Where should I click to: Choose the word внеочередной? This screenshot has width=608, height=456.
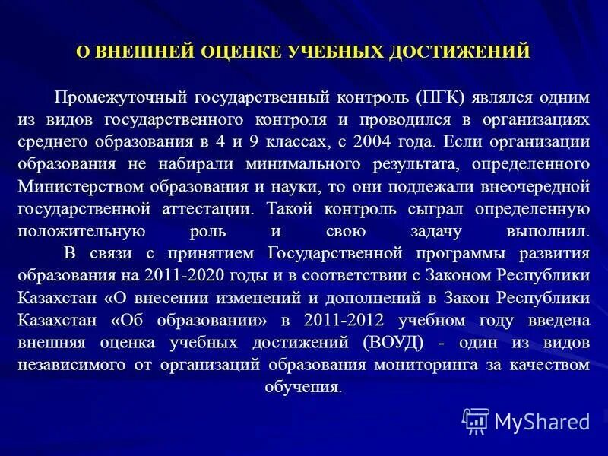540,185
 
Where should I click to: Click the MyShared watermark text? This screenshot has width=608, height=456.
542,420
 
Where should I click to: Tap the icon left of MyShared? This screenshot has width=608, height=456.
476,420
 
